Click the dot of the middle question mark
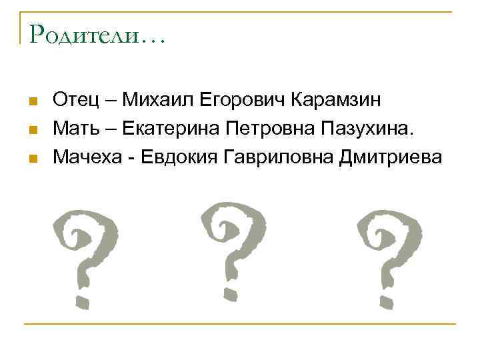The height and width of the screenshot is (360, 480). [x=229, y=291]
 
